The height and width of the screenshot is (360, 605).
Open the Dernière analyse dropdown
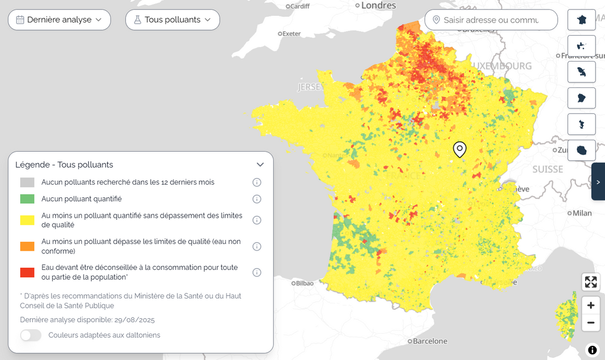point(59,20)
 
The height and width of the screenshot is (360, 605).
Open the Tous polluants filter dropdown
point(172,20)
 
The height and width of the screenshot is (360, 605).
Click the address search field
point(491,20)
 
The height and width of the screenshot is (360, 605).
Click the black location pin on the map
point(459,149)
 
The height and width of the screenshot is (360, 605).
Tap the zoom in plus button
point(591,306)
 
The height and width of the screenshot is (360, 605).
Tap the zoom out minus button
point(591,323)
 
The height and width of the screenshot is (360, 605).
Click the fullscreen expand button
point(591,282)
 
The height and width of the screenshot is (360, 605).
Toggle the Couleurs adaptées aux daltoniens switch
point(31,335)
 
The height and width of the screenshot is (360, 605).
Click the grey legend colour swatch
point(27,182)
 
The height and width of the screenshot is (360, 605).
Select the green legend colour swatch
point(27,199)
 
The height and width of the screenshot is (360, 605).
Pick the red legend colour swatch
point(27,273)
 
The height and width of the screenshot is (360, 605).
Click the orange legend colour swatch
point(27,247)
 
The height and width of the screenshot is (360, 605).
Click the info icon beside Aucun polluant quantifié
point(256,199)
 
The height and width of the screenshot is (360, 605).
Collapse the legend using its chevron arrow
point(260,164)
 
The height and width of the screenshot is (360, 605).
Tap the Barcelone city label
point(430,341)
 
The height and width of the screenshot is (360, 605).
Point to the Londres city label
point(378,5)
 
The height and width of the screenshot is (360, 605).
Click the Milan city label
point(582,213)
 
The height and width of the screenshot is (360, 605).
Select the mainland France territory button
point(581,20)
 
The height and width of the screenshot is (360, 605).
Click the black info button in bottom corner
point(592,350)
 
